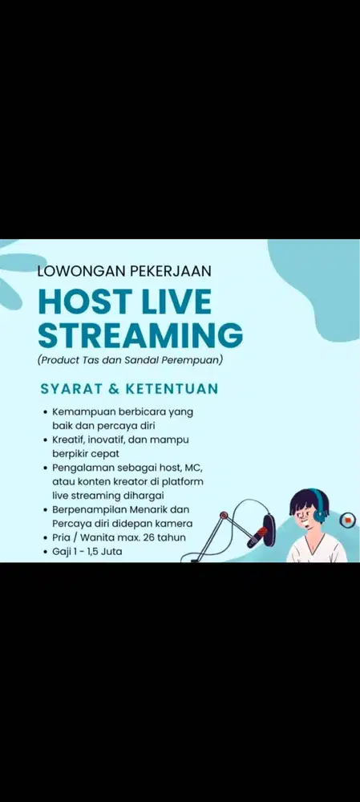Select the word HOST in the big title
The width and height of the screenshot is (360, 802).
(x=84, y=302)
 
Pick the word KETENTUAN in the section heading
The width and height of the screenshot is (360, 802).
(x=169, y=389)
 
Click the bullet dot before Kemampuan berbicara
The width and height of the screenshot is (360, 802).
(x=45, y=411)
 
